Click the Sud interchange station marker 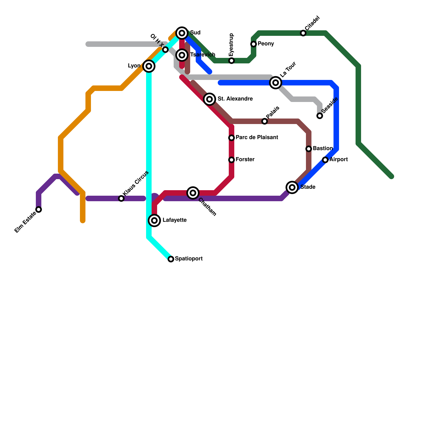tap(182, 33)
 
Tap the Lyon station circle tap(149, 66)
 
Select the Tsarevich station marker tap(182, 55)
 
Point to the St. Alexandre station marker tap(209, 99)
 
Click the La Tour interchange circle tap(276, 83)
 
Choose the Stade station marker tap(292, 187)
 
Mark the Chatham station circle tap(193, 193)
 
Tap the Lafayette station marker tap(155, 220)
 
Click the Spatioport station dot tap(171, 259)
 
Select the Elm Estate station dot tap(39, 209)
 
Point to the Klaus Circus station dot tap(121, 198)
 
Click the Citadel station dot tap(303, 33)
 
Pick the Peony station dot tap(254, 44)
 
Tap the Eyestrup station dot tap(232, 61)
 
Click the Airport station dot tap(325, 160)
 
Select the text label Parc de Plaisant tap(257, 137)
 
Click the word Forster tap(245, 159)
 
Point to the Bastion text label tap(323, 148)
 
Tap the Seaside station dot tap(320, 116)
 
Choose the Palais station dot tap(265, 121)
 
